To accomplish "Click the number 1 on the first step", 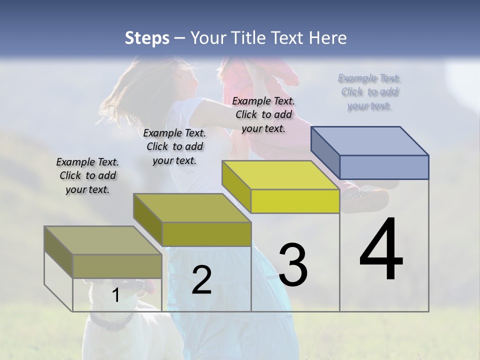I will pyautogui.click(x=116, y=295).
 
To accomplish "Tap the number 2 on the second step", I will pyautogui.click(x=201, y=280).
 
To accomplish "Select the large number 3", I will pyautogui.click(x=292, y=265).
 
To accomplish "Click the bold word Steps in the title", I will pyautogui.click(x=147, y=38).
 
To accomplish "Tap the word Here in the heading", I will pyautogui.click(x=328, y=38).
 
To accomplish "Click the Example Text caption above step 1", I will pyautogui.click(x=87, y=175).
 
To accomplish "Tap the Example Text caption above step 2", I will pyautogui.click(x=174, y=146).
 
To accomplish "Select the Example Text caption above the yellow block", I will pyautogui.click(x=263, y=114).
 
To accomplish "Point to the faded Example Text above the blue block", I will pyautogui.click(x=370, y=92).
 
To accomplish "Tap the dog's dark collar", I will pyautogui.click(x=113, y=322).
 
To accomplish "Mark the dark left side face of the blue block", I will pyautogui.click(x=325, y=152).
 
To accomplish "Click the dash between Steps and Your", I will pyautogui.click(x=180, y=38).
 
